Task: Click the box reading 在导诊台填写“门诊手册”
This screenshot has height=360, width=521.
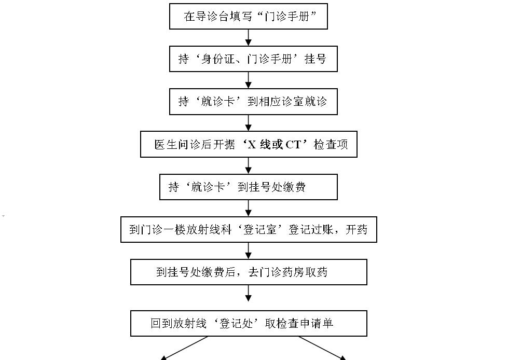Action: (249, 16)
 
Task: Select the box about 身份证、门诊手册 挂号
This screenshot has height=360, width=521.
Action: (253, 59)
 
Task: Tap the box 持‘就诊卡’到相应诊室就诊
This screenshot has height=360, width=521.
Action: (253, 101)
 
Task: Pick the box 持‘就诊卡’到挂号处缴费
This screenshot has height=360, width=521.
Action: (249, 187)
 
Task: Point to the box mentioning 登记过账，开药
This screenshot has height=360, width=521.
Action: (249, 229)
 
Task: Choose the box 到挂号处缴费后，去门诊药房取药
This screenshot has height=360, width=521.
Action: (249, 272)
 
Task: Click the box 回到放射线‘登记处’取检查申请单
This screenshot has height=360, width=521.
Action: (249, 323)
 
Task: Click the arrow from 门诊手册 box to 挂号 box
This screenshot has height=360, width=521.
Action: (248, 37)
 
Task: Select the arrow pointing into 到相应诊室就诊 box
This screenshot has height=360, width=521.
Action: (248, 80)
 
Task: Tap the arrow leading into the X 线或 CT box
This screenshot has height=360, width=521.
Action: (248, 123)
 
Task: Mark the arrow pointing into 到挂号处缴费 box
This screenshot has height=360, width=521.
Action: (248, 165)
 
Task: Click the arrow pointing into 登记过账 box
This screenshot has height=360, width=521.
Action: (248, 208)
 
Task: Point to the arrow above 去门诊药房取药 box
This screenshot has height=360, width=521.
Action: (248, 251)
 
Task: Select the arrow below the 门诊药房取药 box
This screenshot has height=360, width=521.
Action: (248, 293)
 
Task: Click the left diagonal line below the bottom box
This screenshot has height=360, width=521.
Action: (184, 348)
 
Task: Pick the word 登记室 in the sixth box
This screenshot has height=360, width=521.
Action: (260, 229)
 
